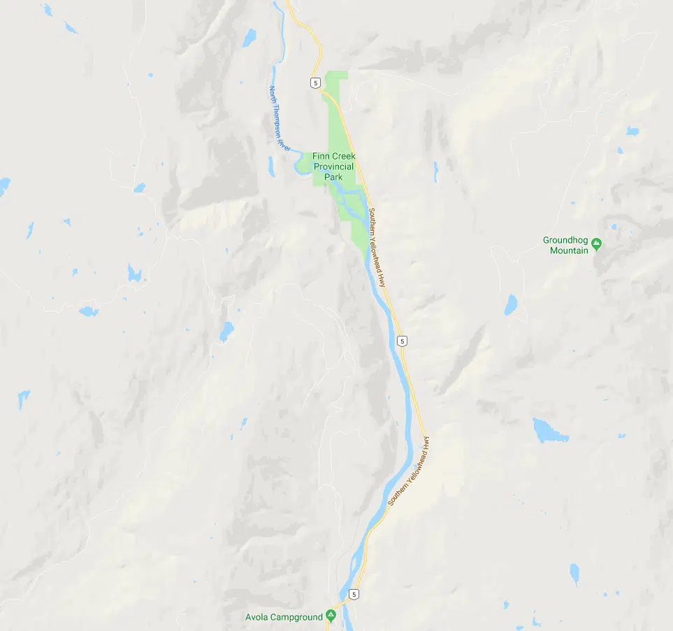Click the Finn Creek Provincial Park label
333,166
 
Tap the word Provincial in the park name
333,166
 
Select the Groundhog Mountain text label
565,245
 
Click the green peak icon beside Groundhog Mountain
596,243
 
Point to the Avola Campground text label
284,617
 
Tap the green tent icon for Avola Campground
331,616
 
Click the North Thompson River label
279,118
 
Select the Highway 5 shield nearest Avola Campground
356,595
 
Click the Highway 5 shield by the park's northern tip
317,83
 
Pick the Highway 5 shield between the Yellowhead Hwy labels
402,341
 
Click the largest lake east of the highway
549,430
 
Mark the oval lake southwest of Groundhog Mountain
511,305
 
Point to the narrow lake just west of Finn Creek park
271,166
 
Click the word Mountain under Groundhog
569,250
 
